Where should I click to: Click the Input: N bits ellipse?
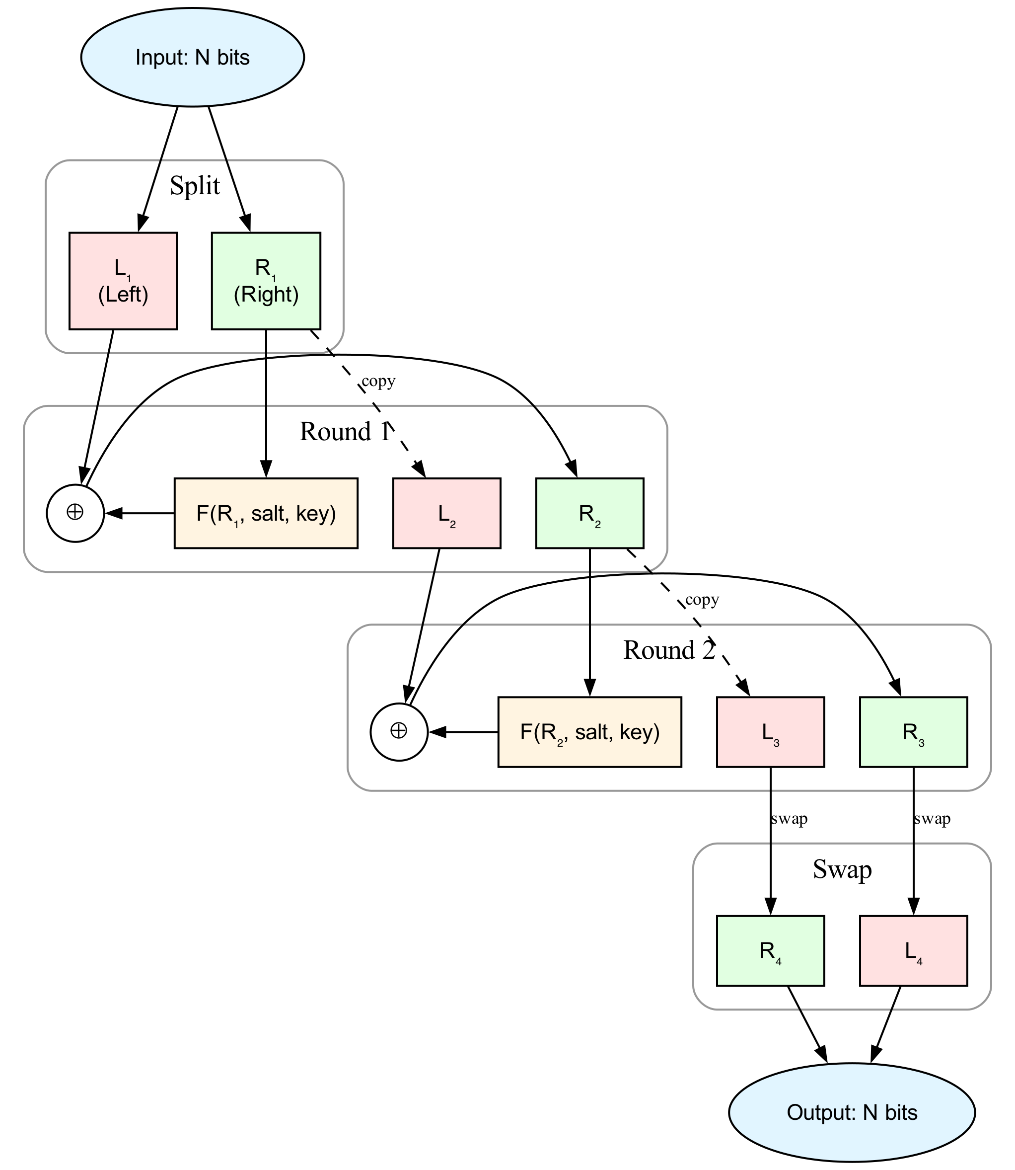tap(193, 57)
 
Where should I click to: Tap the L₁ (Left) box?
tap(123, 281)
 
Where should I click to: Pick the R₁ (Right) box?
tap(266, 281)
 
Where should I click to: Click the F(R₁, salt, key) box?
tap(266, 513)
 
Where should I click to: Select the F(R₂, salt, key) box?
tap(589, 732)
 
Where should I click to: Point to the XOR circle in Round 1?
tap(75, 513)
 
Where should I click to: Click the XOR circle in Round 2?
tap(399, 732)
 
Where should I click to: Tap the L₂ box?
tap(447, 513)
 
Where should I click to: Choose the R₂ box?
tap(589, 513)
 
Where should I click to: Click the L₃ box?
tap(770, 732)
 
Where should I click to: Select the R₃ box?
tap(913, 732)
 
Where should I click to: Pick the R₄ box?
tap(770, 951)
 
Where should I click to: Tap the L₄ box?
tap(913, 951)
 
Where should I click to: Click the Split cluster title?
tap(195, 186)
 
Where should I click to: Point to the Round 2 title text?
tap(669, 650)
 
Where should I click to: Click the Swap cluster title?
tap(842, 869)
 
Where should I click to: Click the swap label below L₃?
tap(789, 819)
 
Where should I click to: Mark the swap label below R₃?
tap(932, 819)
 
